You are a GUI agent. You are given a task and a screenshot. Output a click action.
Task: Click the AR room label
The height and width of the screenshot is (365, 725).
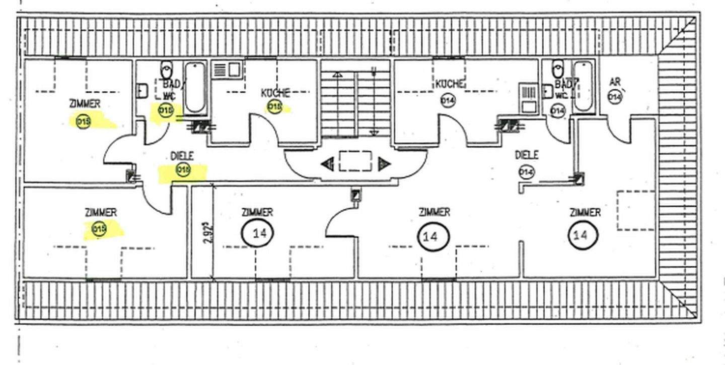point(614,82)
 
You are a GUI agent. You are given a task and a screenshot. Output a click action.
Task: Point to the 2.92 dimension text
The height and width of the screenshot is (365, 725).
point(205,234)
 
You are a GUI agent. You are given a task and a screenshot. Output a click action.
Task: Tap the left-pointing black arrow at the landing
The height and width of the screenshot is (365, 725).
point(327,163)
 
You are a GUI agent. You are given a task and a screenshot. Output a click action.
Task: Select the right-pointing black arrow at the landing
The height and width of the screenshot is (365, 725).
point(385,163)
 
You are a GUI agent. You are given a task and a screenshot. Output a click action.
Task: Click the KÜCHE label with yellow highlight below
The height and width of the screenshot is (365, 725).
point(275,93)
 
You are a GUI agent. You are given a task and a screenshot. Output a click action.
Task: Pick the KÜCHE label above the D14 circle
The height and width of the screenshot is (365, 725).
point(450,84)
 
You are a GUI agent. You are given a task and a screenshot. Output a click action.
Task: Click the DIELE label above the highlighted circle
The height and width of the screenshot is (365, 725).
point(182,156)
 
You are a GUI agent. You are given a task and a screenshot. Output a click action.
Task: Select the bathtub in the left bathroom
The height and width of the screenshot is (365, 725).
point(195,87)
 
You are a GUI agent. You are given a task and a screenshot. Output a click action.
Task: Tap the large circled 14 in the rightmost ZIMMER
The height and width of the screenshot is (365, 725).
point(584,235)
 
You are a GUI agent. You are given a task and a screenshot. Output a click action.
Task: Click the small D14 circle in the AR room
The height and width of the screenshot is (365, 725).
point(615,96)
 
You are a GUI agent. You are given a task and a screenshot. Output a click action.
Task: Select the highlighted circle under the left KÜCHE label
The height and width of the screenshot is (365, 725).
point(275,107)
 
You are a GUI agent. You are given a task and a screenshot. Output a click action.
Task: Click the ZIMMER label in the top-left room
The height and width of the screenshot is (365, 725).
point(85,104)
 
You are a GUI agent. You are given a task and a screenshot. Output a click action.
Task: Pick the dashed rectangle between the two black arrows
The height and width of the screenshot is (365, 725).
point(355,162)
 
